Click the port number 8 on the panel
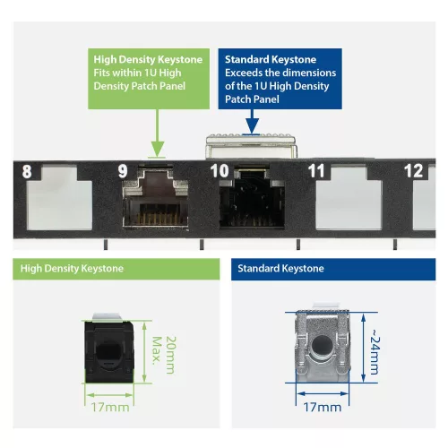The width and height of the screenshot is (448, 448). pyautogui.click(x=26, y=170)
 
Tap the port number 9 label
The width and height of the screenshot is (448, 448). pyautogui.click(x=122, y=170)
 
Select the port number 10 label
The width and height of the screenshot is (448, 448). pyautogui.click(x=220, y=170)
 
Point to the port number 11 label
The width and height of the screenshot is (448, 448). pyautogui.click(x=315, y=170)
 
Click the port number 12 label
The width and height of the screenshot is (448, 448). pyautogui.click(x=413, y=170)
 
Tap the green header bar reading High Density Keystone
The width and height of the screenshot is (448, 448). pyautogui.click(x=114, y=268)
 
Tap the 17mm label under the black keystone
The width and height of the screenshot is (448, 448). pyautogui.click(x=111, y=406)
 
